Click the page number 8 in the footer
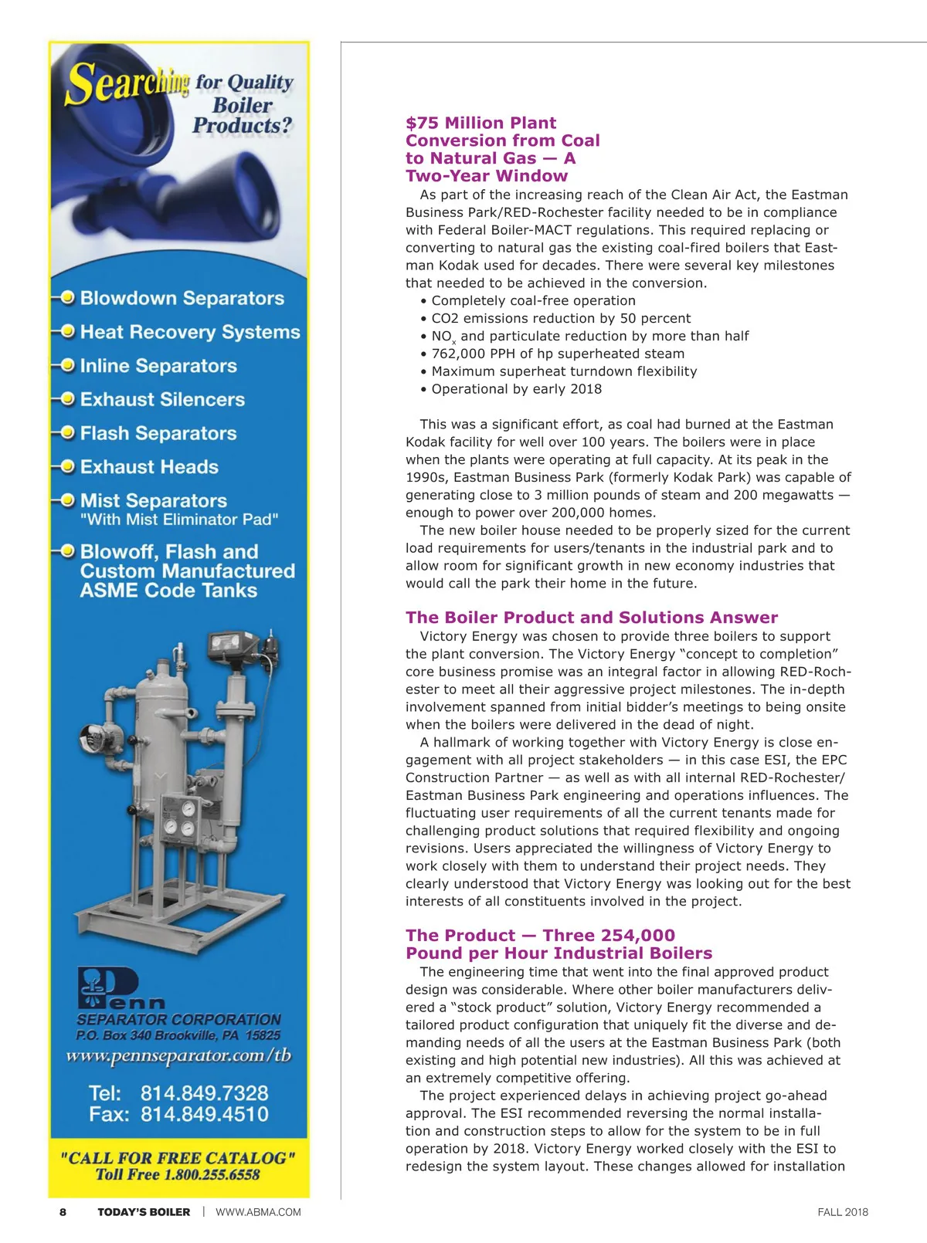[x=63, y=1212]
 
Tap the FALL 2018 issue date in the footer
[x=842, y=1212]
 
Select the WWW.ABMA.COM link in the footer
[x=258, y=1212]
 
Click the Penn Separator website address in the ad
[x=178, y=1056]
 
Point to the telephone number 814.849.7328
[x=204, y=1093]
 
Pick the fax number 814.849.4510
[x=204, y=1114]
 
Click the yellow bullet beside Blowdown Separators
[x=68, y=297]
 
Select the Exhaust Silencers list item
[x=162, y=399]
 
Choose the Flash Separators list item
[x=158, y=433]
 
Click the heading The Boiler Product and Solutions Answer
[x=592, y=618]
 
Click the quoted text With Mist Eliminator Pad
[x=179, y=520]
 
